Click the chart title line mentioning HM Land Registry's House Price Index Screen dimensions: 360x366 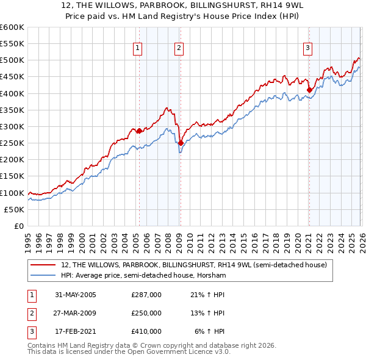pos(182,17)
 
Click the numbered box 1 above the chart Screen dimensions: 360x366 pos(138,48)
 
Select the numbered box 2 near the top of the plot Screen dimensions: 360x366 pos(179,48)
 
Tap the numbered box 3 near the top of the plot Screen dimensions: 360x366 pos(308,48)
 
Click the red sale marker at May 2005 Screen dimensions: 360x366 pos(139,131)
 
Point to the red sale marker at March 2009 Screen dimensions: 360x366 pos(181,143)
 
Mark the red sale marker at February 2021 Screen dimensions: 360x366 pos(309,90)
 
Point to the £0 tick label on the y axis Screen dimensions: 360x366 pos(20,226)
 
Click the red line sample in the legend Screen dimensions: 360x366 pos(45,265)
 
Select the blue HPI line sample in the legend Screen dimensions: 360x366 pos(45,276)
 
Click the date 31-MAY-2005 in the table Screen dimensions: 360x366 pos(76,295)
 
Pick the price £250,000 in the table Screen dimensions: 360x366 pos(146,313)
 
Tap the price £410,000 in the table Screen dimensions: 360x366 pos(146,331)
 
